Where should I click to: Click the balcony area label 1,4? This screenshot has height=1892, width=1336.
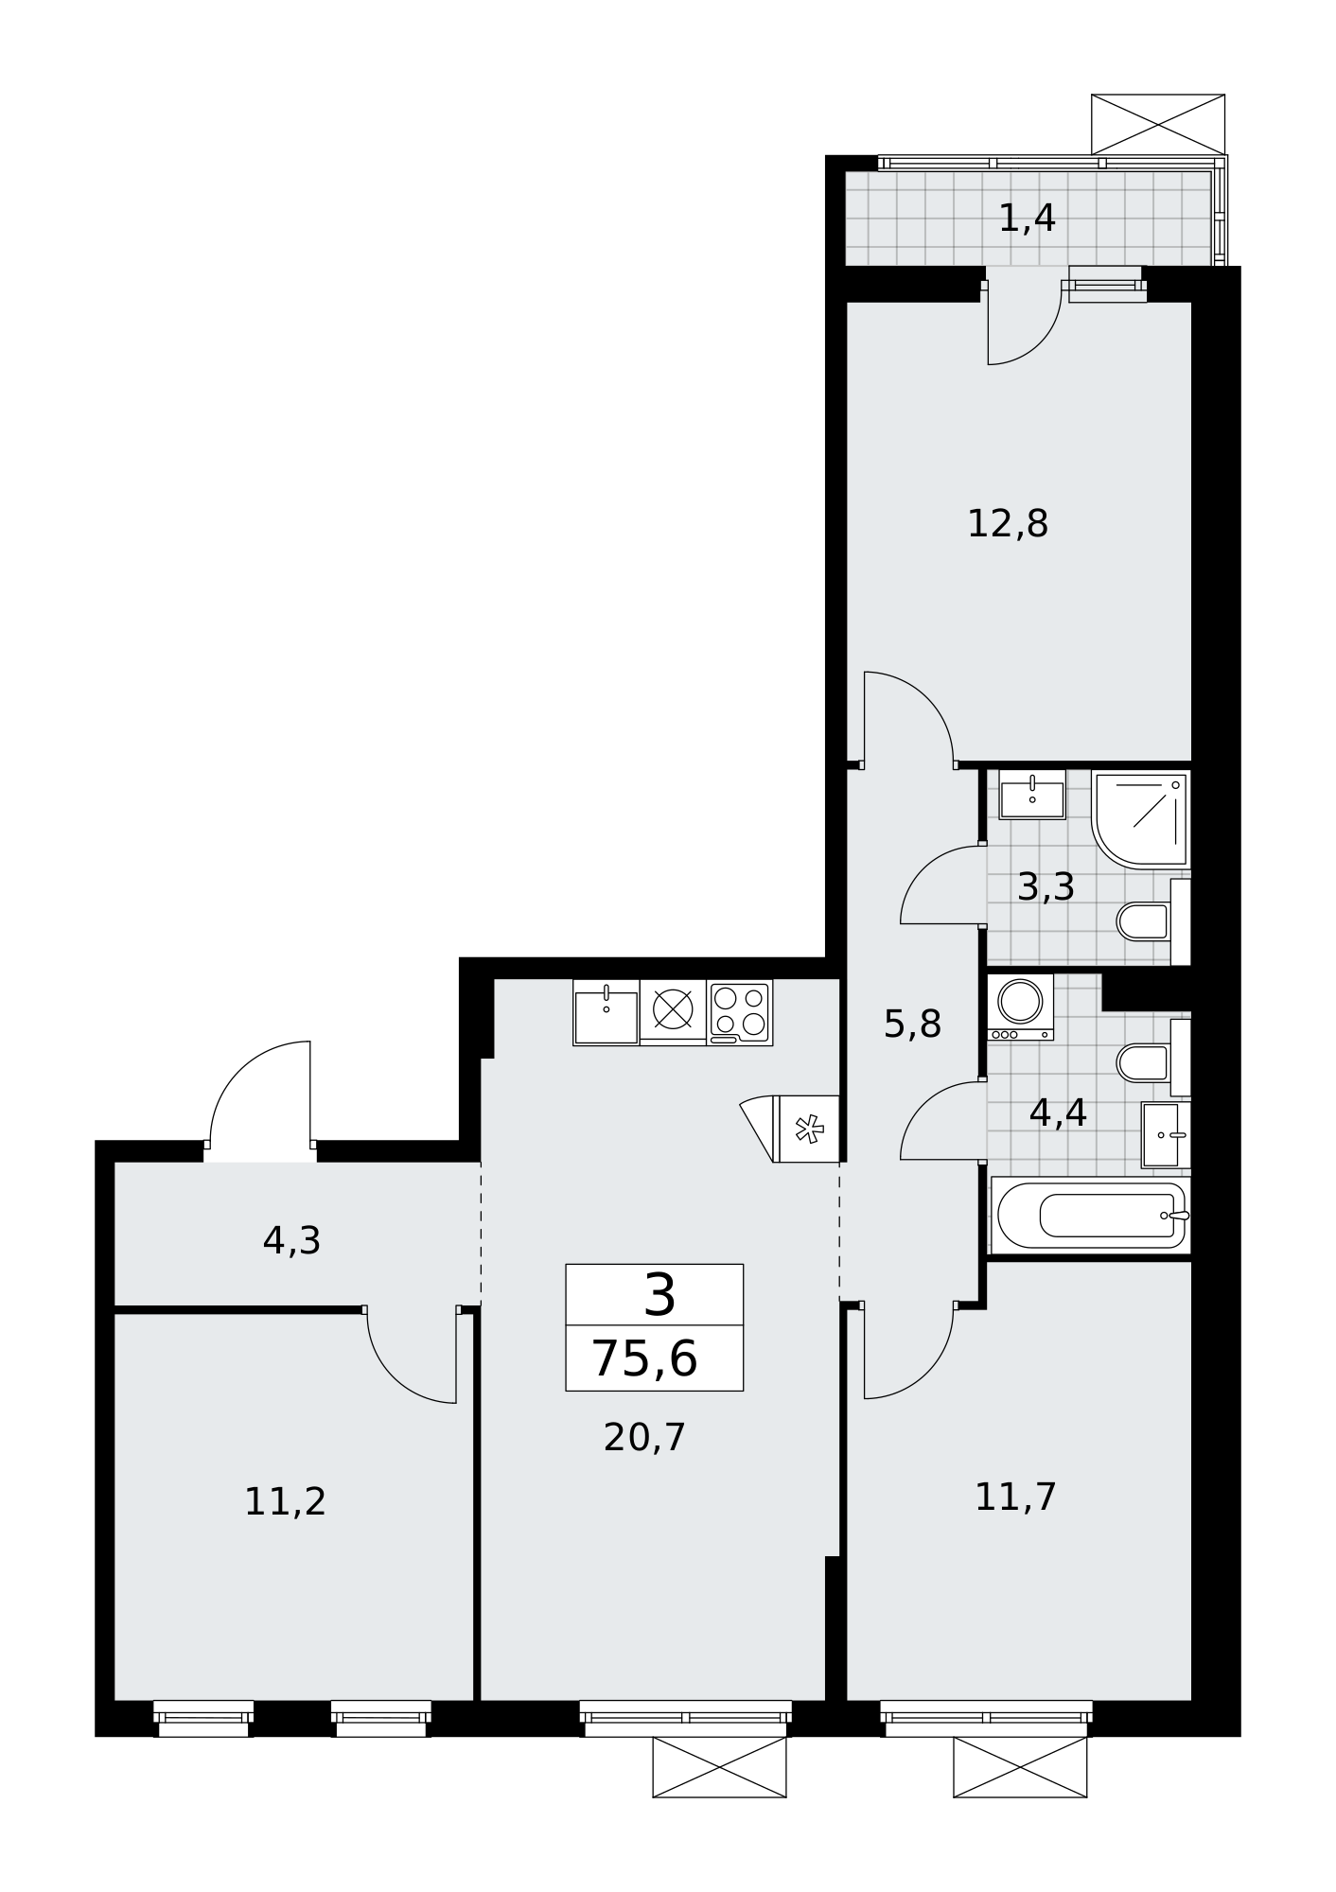click(x=1027, y=219)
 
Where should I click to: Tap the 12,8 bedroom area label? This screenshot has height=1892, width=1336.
click(x=1008, y=523)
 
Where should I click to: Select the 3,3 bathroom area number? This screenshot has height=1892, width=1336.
click(x=1046, y=887)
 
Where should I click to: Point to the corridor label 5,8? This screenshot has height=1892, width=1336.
click(x=912, y=1024)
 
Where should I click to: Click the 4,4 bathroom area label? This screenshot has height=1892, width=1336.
click(x=1058, y=1112)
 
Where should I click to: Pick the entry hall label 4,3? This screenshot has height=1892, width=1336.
click(x=291, y=1241)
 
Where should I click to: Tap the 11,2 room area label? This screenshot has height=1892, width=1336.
click(x=285, y=1501)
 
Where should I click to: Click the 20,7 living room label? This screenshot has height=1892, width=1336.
click(x=644, y=1437)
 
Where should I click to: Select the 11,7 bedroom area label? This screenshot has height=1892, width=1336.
click(x=1015, y=1497)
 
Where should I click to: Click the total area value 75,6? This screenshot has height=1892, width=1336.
click(x=644, y=1359)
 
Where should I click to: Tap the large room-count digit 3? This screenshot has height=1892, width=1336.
click(x=659, y=1295)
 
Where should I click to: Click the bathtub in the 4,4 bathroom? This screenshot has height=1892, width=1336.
click(x=1091, y=1215)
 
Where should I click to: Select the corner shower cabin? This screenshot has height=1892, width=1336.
click(x=1141, y=818)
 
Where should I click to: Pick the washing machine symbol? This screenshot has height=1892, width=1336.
click(x=1020, y=1007)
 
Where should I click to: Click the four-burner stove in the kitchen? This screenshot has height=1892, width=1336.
click(x=740, y=1012)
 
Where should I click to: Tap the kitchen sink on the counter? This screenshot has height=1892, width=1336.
click(x=606, y=1012)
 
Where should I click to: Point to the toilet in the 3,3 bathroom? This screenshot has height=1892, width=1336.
click(x=1153, y=921)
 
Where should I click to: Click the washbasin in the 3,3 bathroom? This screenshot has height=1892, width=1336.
click(x=1032, y=795)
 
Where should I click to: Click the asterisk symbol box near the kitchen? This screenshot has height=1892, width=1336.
click(x=807, y=1129)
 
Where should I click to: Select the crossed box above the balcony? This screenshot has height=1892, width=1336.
click(x=1158, y=124)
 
